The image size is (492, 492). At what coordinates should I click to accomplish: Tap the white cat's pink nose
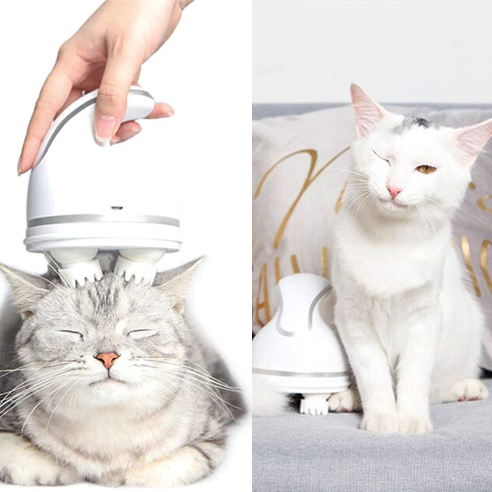pyautogui.click(x=394, y=191)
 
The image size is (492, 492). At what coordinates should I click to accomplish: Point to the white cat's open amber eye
pyautogui.click(x=426, y=169)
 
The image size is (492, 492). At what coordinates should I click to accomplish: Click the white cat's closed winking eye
pyautogui.click(x=381, y=158)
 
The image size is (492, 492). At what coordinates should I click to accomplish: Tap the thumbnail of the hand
pyautogui.click(x=106, y=128)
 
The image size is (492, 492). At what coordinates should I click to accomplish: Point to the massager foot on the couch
pyautogui.click(x=314, y=404)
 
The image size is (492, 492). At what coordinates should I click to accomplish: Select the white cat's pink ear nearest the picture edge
pyautogui.click(x=475, y=138)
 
